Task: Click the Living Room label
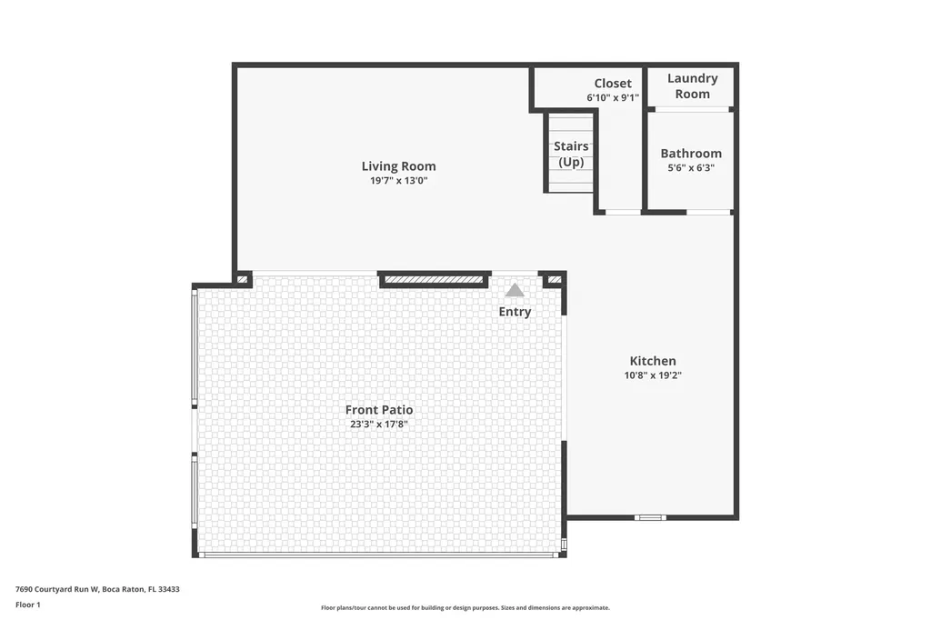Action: pyautogui.click(x=398, y=166)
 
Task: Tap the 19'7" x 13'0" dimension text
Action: pyautogui.click(x=398, y=181)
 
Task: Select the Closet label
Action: pyautogui.click(x=613, y=84)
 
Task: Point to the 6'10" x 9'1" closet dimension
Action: pyautogui.click(x=613, y=97)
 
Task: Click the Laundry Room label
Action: pyautogui.click(x=692, y=86)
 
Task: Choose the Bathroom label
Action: pyautogui.click(x=691, y=154)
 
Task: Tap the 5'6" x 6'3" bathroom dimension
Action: pyautogui.click(x=691, y=167)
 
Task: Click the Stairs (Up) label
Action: pyautogui.click(x=571, y=154)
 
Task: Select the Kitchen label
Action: pyautogui.click(x=653, y=361)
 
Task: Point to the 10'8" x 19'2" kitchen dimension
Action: pyautogui.click(x=653, y=375)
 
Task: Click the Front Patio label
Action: pyautogui.click(x=379, y=410)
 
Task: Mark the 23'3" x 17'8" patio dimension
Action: pyautogui.click(x=379, y=424)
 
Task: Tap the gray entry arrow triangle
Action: pyautogui.click(x=515, y=290)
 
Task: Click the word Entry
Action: pyautogui.click(x=515, y=312)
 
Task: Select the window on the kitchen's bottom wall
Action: pyautogui.click(x=650, y=518)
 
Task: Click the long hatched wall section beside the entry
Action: pyautogui.click(x=434, y=279)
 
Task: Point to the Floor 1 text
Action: pyautogui.click(x=28, y=605)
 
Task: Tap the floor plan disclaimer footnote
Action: pyautogui.click(x=465, y=607)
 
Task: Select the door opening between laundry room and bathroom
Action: pyautogui.click(x=692, y=109)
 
